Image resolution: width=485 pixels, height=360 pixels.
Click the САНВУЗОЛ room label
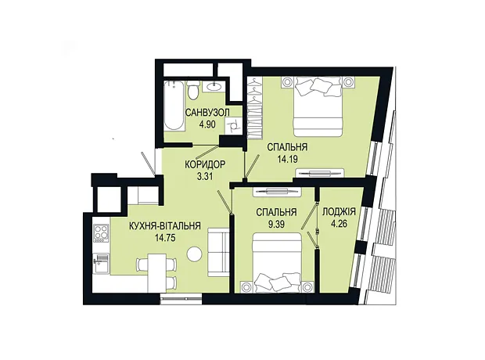(207, 113)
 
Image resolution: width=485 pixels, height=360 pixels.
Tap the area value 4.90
(207, 124)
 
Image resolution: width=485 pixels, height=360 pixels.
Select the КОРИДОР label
(205, 164)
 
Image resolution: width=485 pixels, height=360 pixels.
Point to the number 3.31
(205, 176)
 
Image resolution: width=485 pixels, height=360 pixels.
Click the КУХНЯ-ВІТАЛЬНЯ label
(165, 226)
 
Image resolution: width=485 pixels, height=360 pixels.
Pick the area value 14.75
(165, 238)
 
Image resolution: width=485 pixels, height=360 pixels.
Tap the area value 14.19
(287, 159)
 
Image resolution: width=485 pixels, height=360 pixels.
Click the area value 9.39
(276, 224)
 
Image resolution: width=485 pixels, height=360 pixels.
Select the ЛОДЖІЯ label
(339, 212)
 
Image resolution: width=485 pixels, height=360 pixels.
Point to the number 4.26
(339, 224)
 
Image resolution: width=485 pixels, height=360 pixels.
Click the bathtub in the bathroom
(174, 105)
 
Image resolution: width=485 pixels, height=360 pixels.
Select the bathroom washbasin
(214, 86)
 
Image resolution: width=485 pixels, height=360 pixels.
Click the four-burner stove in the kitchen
(101, 233)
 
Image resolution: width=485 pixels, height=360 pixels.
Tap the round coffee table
(195, 254)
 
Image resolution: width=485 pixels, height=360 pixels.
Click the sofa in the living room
(219, 252)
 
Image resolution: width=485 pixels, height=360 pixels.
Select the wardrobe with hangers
(256, 107)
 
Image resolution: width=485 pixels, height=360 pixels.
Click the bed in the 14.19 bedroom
(318, 106)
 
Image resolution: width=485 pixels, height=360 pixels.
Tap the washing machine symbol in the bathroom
(232, 125)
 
